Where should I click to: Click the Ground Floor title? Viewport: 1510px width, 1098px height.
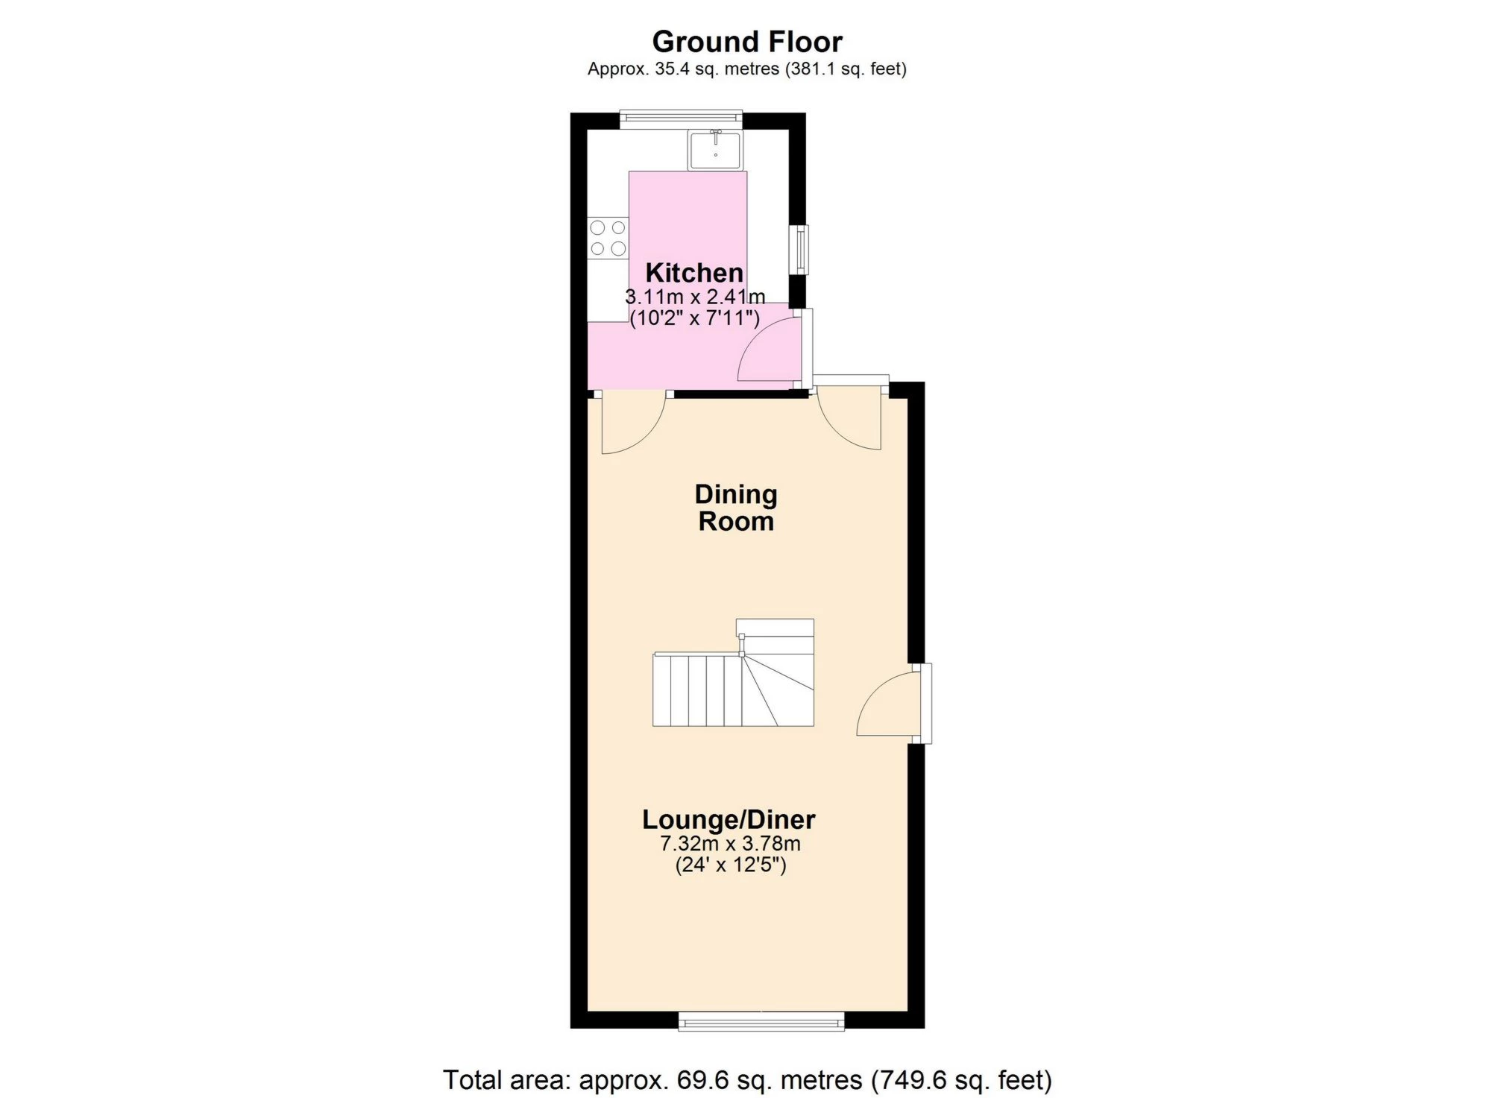click(x=747, y=42)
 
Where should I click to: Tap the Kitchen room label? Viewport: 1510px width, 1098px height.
click(x=694, y=272)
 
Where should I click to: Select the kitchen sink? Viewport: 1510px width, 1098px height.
click(x=715, y=150)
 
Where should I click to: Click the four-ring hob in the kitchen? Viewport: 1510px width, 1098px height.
click(x=608, y=238)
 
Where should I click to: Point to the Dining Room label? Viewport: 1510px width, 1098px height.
click(x=736, y=508)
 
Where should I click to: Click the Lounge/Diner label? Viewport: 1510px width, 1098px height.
click(x=729, y=820)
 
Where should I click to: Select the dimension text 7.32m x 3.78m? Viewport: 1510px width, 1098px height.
click(x=730, y=844)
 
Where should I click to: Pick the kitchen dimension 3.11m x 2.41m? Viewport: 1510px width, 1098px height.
click(x=695, y=297)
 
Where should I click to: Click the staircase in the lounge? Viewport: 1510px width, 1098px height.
click(x=733, y=672)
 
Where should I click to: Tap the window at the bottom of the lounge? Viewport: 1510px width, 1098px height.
click(x=761, y=1020)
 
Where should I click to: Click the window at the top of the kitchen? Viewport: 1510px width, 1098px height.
click(x=682, y=119)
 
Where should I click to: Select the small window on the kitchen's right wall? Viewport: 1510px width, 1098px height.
click(x=799, y=250)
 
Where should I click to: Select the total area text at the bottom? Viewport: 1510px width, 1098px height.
click(x=747, y=1079)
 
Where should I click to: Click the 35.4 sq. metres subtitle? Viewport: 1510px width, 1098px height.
click(x=747, y=69)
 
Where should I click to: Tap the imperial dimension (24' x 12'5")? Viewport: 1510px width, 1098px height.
click(x=731, y=865)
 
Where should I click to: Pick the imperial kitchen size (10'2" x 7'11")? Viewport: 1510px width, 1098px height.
click(x=695, y=319)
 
